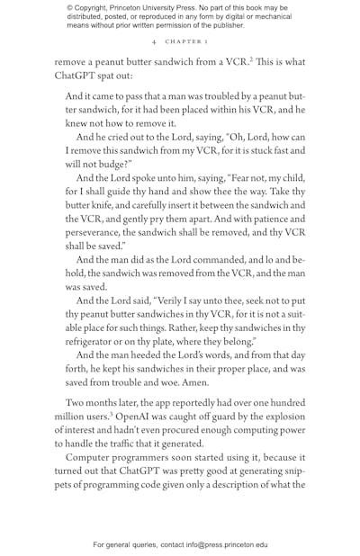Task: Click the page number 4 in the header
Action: point(155,41)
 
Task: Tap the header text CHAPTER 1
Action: point(185,41)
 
